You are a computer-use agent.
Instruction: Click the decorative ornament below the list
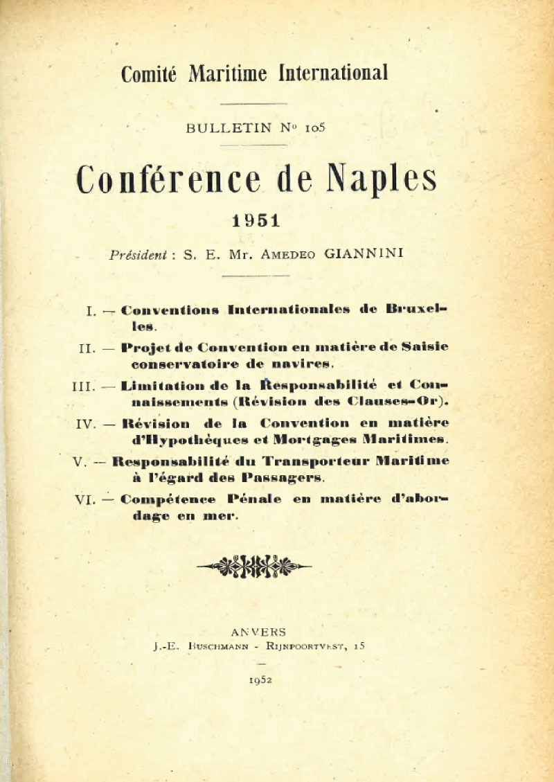tap(254, 566)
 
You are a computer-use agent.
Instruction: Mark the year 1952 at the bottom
tap(260, 679)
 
